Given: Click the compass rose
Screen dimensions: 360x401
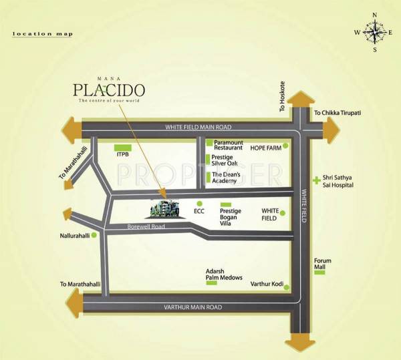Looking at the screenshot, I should [x=375, y=31].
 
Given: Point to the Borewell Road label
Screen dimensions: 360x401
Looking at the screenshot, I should [x=146, y=227].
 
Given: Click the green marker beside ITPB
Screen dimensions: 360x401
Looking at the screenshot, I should [x=122, y=147].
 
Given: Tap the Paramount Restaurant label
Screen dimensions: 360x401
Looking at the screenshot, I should [x=233, y=146].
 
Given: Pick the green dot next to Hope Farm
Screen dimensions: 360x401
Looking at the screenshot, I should [x=285, y=146].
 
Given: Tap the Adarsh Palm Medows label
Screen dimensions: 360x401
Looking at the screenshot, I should [x=223, y=275].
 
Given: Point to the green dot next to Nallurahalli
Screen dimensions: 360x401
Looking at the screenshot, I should [x=94, y=235].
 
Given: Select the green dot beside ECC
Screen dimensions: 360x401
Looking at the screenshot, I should [x=198, y=204].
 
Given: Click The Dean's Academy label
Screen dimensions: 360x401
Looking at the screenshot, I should [x=231, y=177].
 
